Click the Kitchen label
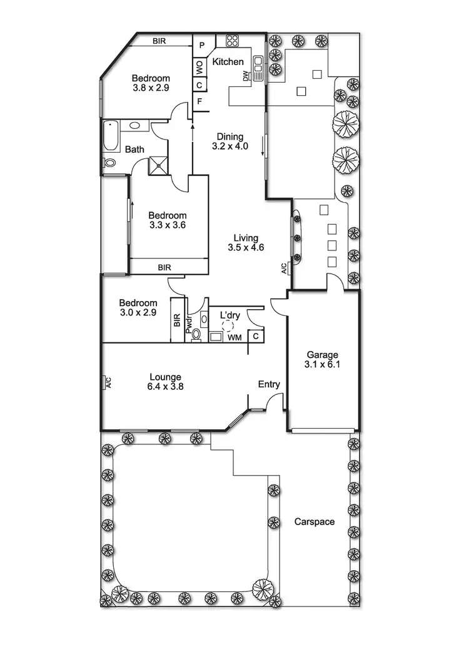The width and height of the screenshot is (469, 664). [228, 62]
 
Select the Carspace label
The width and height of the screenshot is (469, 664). [314, 521]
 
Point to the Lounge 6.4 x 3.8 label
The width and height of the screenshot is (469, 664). [166, 381]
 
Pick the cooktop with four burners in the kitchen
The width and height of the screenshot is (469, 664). [232, 41]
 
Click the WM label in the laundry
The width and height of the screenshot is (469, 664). [234, 338]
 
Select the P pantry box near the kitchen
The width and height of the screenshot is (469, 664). [201, 45]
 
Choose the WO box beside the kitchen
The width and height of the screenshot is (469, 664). [199, 65]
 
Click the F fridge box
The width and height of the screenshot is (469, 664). [199, 101]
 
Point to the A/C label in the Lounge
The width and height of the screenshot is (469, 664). [107, 382]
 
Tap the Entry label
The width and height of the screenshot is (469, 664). [269, 384]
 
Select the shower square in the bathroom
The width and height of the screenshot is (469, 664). [158, 165]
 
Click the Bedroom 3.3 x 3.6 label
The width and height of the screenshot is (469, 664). [167, 220]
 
